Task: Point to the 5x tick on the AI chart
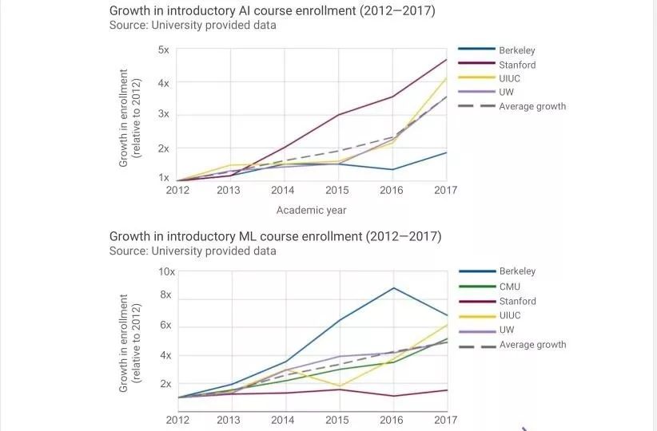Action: tap(163, 50)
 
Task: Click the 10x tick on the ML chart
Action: tap(166, 272)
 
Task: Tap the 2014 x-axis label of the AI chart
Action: tap(283, 191)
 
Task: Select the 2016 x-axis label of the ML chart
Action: tap(392, 420)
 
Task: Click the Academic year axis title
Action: tap(311, 211)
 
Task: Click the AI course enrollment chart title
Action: tap(273, 11)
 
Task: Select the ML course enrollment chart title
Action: tap(275, 236)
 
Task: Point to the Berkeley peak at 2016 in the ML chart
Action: tap(392, 288)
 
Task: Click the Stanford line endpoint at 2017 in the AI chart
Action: tap(446, 60)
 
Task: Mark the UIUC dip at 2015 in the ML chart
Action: tap(338, 386)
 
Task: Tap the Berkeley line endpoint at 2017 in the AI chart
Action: tap(446, 152)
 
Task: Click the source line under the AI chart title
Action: tap(193, 26)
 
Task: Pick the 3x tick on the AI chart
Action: tap(163, 114)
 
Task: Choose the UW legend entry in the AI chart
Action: tap(507, 92)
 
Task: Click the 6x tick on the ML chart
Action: tap(166, 326)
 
